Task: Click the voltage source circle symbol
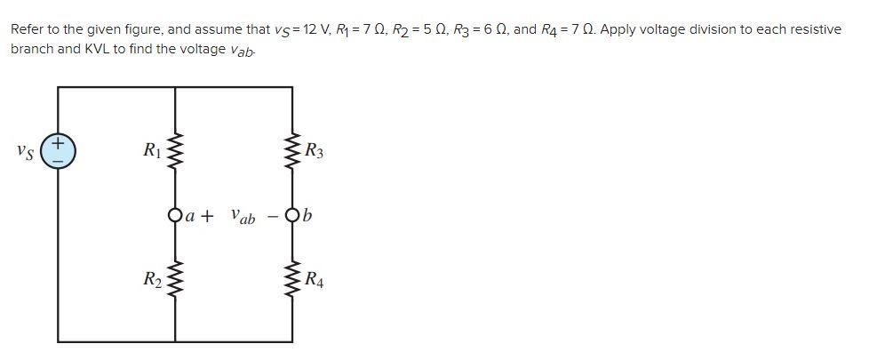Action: click(x=59, y=151)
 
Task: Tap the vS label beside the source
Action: click(x=26, y=152)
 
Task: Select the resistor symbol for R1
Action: click(x=175, y=152)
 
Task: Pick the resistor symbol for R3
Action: click(x=291, y=152)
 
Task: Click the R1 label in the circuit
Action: click(x=152, y=151)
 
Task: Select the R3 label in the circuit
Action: click(x=314, y=152)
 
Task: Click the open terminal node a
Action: click(x=175, y=215)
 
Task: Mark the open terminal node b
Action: click(x=291, y=215)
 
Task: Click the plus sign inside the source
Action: click(x=59, y=142)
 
